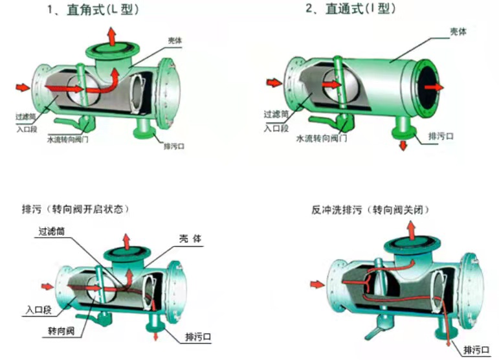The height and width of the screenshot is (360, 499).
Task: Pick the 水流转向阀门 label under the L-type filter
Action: click(x=71, y=139)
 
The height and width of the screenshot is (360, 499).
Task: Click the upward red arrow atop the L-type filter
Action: click(x=113, y=36)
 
